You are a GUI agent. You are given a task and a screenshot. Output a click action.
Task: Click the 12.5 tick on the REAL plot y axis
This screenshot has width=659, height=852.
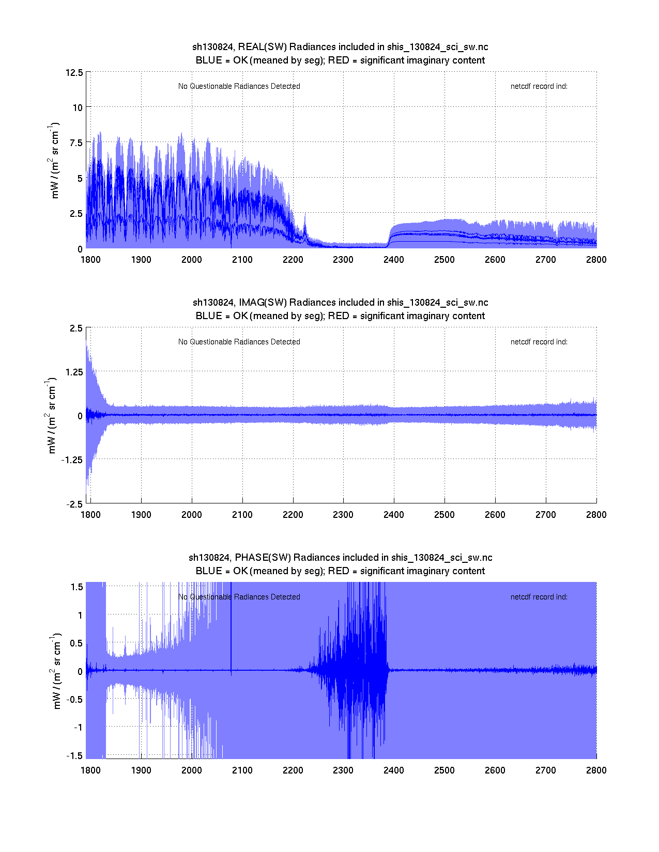[x=74, y=72]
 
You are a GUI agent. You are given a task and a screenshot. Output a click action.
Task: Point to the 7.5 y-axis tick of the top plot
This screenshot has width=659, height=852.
[x=75, y=143]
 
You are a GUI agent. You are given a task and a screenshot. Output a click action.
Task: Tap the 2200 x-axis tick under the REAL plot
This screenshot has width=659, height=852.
[x=293, y=259]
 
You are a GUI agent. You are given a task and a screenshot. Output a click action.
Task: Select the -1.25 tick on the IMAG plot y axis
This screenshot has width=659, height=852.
[x=71, y=460]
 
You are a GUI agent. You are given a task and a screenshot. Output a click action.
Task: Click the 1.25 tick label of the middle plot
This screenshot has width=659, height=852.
[x=73, y=372]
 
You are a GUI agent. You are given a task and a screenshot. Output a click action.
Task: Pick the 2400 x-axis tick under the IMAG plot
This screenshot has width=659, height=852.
[x=394, y=514]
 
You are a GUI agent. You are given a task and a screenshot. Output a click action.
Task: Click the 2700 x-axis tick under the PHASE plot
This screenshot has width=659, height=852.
[x=546, y=770]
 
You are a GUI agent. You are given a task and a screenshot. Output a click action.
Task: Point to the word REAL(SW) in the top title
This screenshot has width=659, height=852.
[x=262, y=47]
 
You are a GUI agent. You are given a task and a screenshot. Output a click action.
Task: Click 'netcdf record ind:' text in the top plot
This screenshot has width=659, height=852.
[x=539, y=86]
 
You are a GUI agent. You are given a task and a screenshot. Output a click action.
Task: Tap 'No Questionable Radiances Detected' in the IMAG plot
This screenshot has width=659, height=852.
[x=239, y=342]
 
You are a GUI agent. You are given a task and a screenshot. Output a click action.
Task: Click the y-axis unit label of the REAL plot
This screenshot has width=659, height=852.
[x=54, y=160]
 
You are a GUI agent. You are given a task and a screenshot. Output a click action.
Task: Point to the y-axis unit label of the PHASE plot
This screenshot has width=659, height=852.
[x=57, y=670]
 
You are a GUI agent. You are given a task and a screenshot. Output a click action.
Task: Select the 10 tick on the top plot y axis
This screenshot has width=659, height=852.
[x=78, y=107]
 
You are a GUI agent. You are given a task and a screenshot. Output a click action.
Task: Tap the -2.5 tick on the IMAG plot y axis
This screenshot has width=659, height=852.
[x=74, y=504]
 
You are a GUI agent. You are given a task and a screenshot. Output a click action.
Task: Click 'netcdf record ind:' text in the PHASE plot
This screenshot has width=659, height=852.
[x=539, y=597]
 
